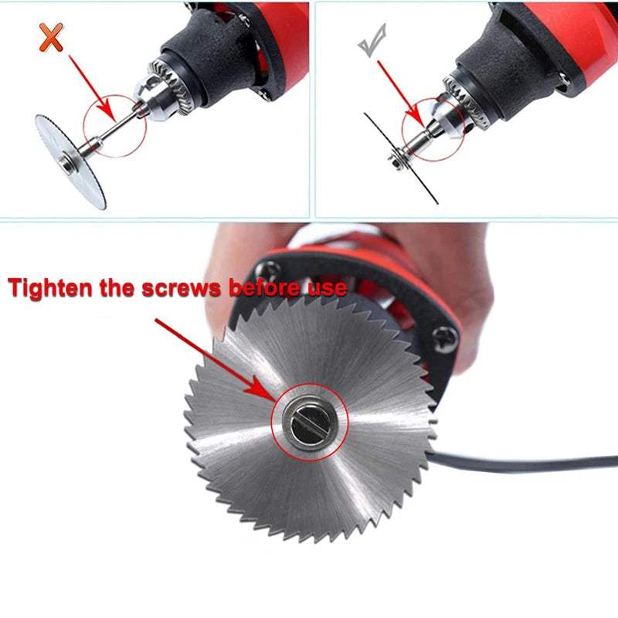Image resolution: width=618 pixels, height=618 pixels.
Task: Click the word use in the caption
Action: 324,289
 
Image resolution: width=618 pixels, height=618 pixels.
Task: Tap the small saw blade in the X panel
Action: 70,159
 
